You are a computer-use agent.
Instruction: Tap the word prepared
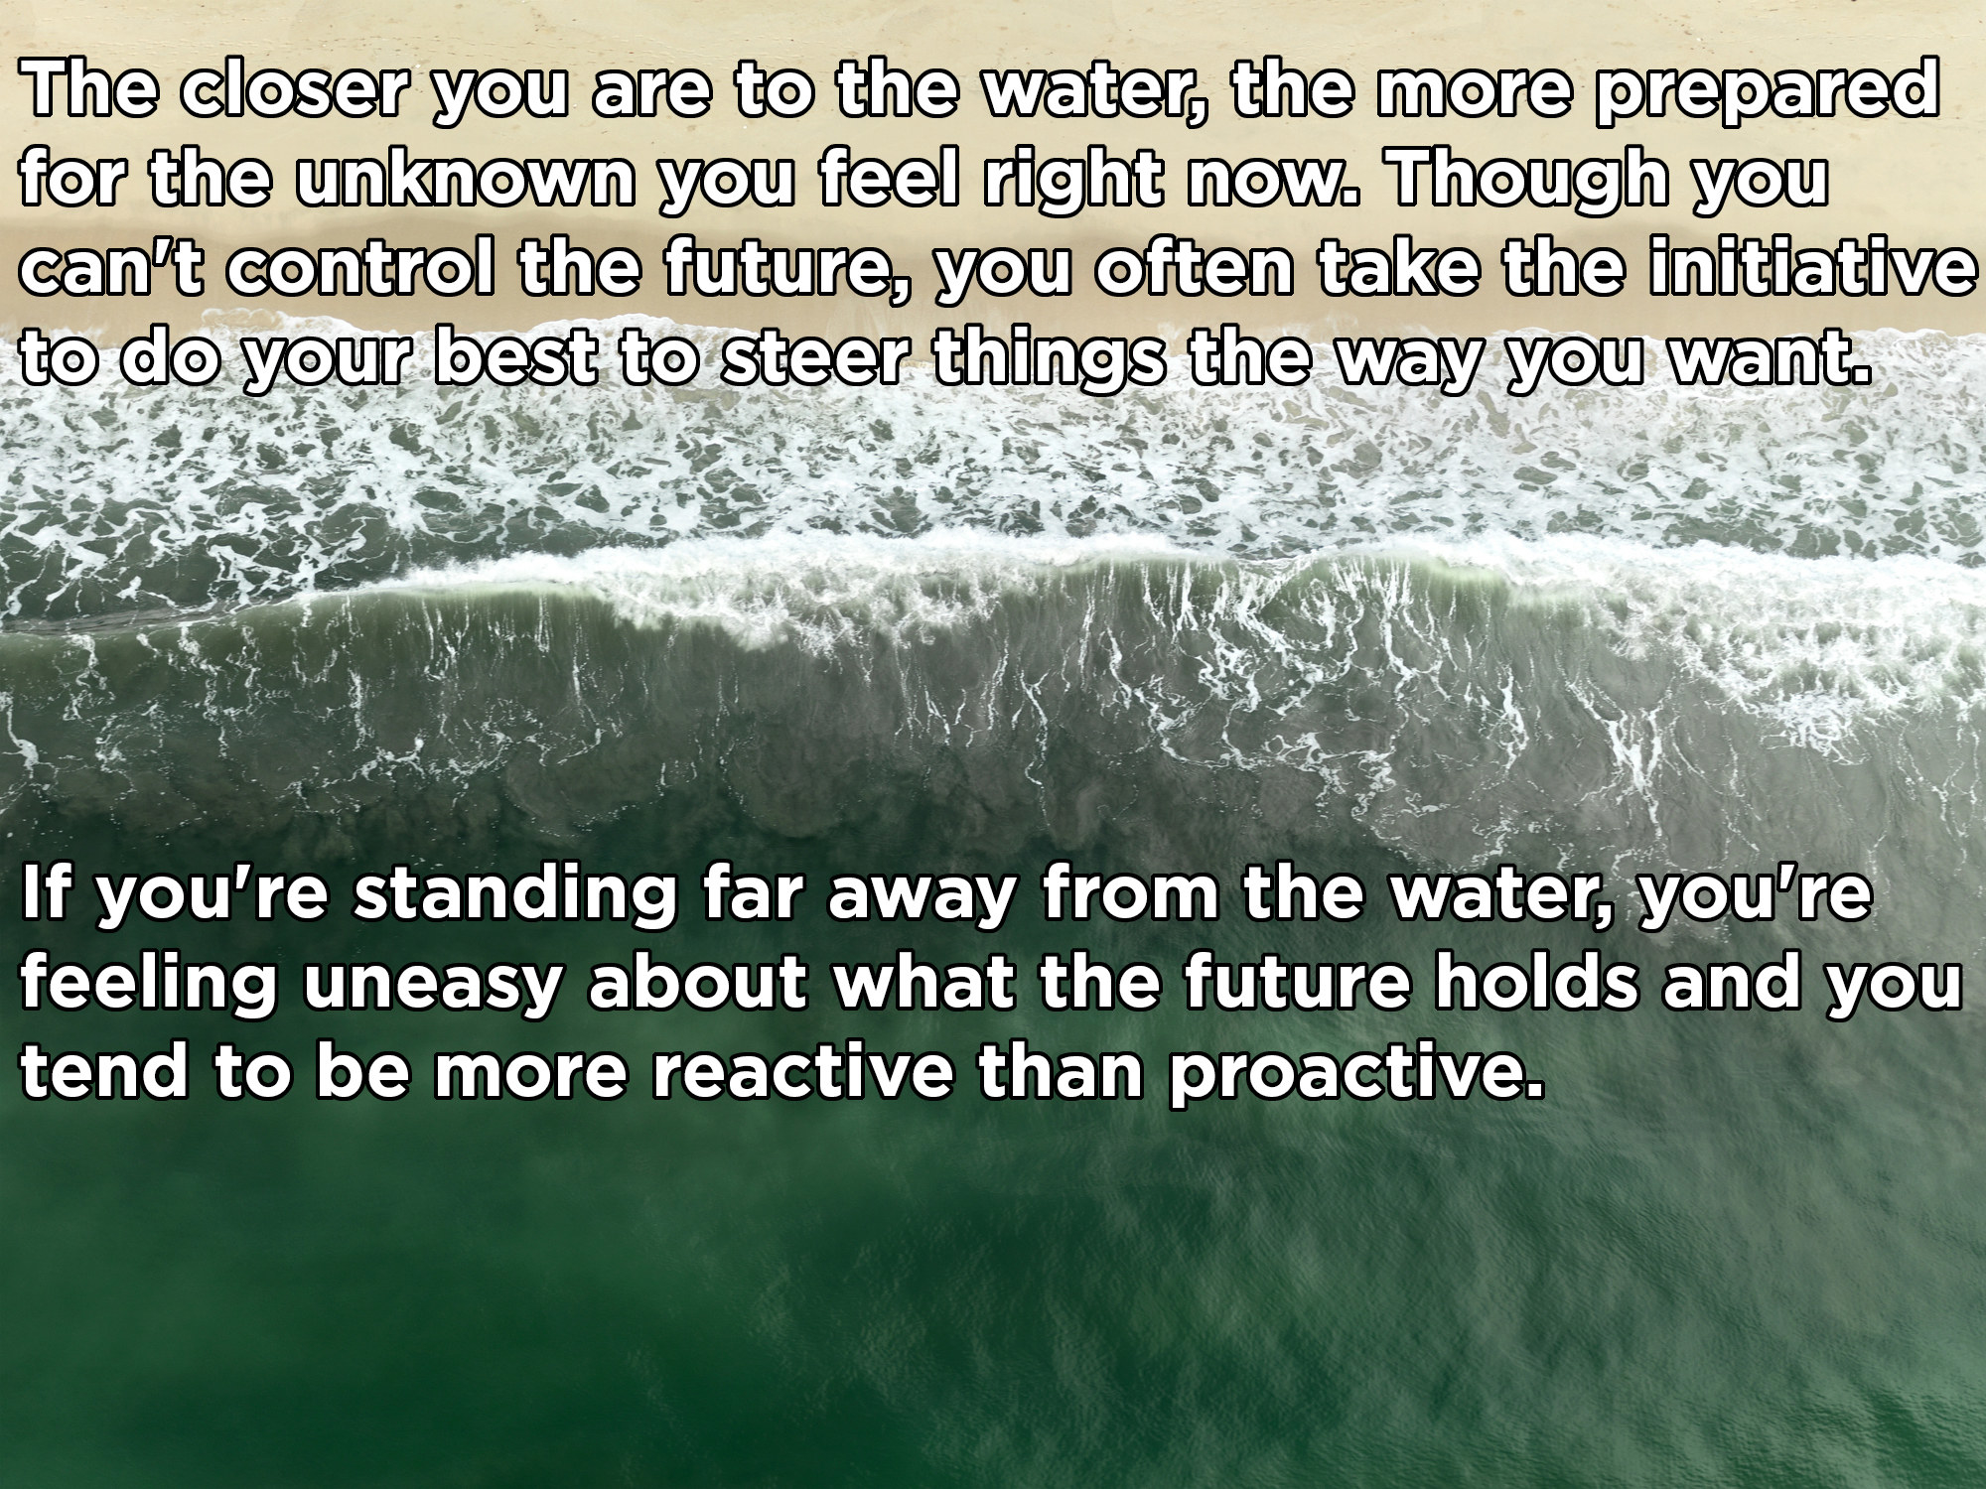1765,102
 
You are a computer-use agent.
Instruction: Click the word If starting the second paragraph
45,894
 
